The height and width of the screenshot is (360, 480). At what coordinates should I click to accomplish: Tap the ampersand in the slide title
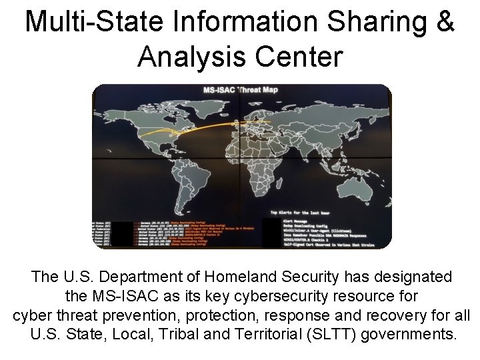pos(444,22)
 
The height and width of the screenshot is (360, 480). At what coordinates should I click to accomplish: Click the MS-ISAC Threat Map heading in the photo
pos(241,89)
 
